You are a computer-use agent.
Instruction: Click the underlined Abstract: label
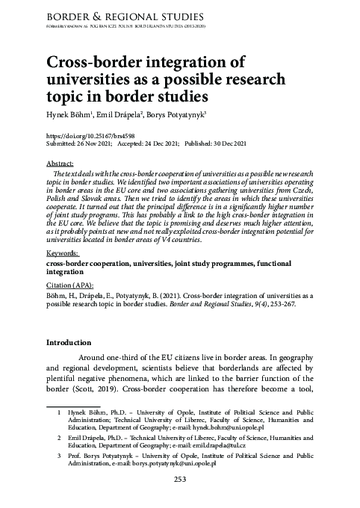coord(60,163)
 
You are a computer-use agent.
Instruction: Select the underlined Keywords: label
coord(63,254)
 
